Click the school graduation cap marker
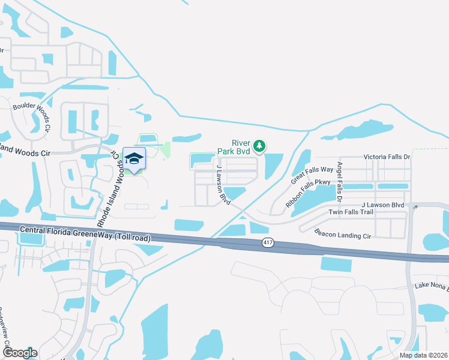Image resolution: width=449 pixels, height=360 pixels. pos(134,158)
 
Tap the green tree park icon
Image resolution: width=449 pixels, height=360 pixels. pos(259,145)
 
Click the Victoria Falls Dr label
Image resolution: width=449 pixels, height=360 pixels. pos(387,157)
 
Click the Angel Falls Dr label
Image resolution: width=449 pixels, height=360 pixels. pos(340,181)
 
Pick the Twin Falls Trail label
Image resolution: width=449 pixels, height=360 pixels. pos(351,212)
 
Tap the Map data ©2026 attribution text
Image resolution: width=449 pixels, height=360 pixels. pos(423,355)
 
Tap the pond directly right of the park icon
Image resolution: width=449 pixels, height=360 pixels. pos(274,166)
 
